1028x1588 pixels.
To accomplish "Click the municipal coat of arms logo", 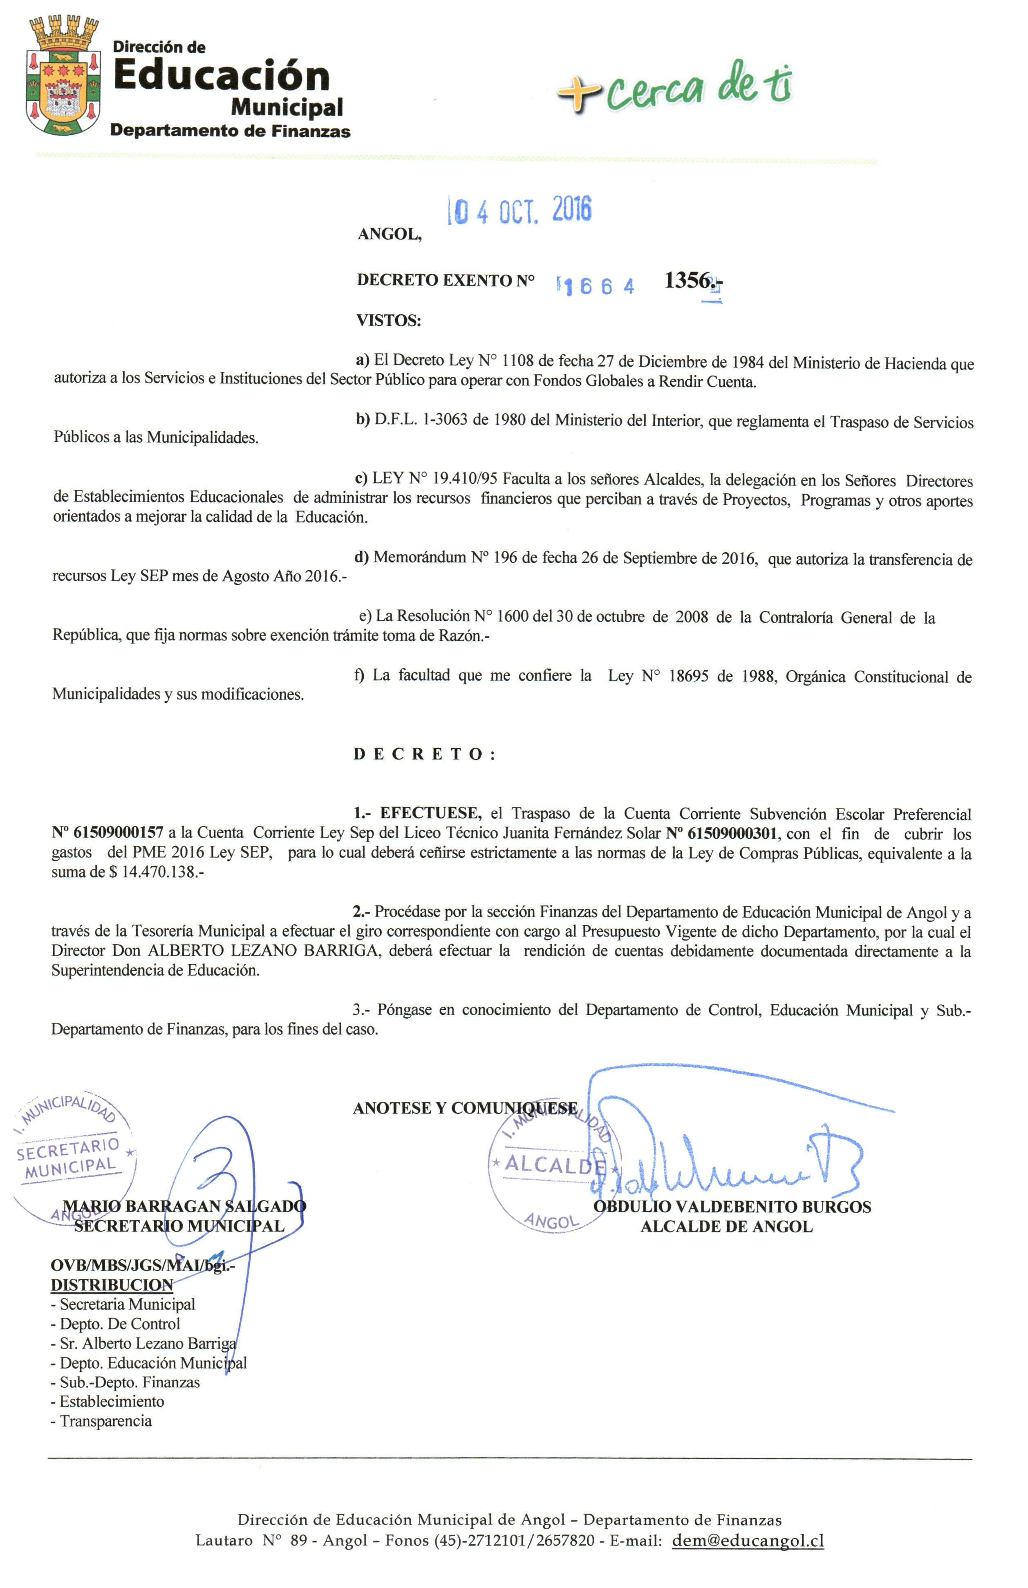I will pos(63,77).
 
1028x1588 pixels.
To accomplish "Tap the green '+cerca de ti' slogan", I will pos(674,88).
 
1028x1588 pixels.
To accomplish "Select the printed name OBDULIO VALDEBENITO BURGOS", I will pos(732,1206).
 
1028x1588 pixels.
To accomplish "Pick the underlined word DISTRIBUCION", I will pos(112,1284).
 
